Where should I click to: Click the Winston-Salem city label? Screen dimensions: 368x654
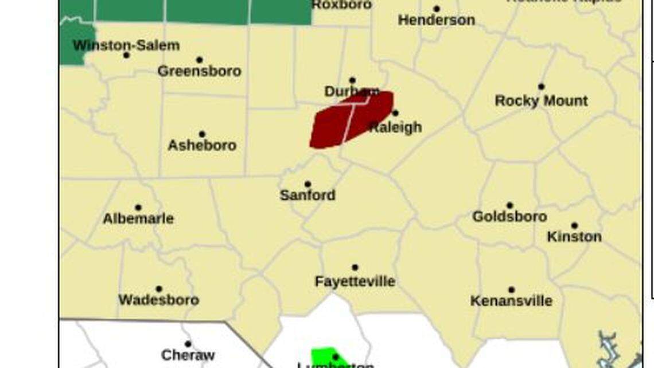pyautogui.click(x=126, y=45)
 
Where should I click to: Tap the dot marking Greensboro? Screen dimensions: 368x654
pyautogui.click(x=199, y=60)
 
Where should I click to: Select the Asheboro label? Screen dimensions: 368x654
pyautogui.click(x=202, y=145)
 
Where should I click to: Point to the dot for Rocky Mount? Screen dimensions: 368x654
pyautogui.click(x=541, y=87)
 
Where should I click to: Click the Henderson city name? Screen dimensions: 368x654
pyautogui.click(x=436, y=20)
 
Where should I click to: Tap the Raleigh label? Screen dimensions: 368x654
pyautogui.click(x=396, y=127)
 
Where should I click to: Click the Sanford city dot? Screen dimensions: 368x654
pyautogui.click(x=307, y=184)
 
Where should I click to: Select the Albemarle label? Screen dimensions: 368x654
pyautogui.click(x=138, y=218)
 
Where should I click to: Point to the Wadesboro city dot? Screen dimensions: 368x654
pyautogui.click(x=159, y=289)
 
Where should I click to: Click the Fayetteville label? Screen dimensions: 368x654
pyautogui.click(x=355, y=281)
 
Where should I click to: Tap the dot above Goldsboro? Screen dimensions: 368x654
pyautogui.click(x=509, y=205)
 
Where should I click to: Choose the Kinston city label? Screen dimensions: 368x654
pyautogui.click(x=574, y=237)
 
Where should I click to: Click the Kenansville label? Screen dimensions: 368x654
pyautogui.click(x=511, y=301)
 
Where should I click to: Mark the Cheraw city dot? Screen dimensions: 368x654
pyautogui.click(x=188, y=344)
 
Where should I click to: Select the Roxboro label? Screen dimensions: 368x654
pyautogui.click(x=341, y=5)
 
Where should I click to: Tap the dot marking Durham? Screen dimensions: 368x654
pyautogui.click(x=352, y=80)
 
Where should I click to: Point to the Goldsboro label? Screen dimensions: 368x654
pyautogui.click(x=509, y=216)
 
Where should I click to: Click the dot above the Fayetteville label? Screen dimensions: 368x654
pyautogui.click(x=355, y=268)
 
